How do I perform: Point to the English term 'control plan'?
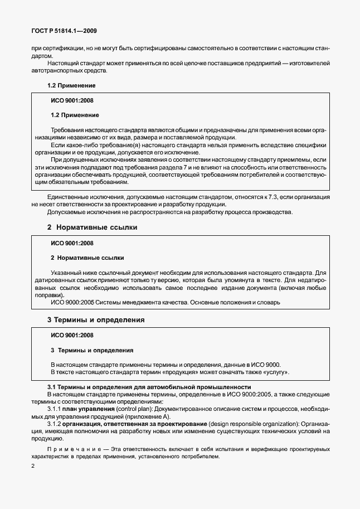click(x=133, y=409)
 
